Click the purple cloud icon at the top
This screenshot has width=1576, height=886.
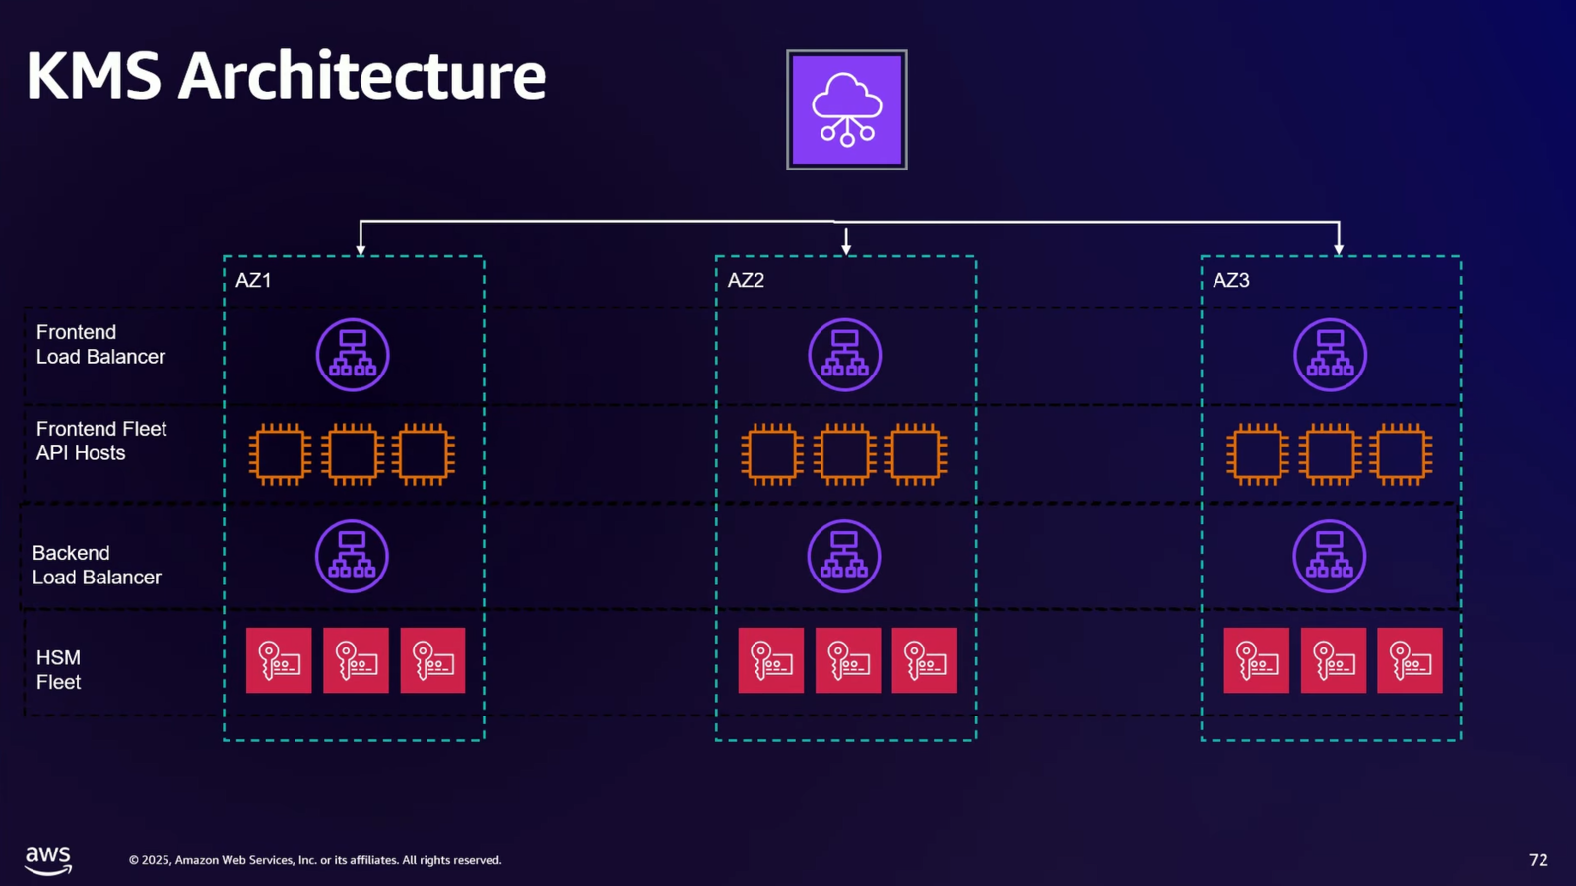point(846,109)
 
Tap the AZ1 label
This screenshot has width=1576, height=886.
point(253,280)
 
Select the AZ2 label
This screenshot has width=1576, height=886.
point(746,280)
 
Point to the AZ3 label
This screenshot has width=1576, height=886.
point(1231,280)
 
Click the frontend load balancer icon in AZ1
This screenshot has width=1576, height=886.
point(353,355)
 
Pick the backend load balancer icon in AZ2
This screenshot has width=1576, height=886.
point(844,557)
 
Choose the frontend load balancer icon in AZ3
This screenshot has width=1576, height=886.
point(1330,355)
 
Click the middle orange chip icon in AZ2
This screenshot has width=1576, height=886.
point(844,454)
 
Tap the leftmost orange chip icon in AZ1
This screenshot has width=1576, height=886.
point(281,454)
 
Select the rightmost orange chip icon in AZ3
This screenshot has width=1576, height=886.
point(1401,454)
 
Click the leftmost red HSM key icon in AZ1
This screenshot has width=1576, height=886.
point(279,660)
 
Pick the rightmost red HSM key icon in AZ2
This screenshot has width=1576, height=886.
point(924,660)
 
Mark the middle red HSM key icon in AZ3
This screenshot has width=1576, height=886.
point(1333,660)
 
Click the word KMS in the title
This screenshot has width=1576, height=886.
point(94,76)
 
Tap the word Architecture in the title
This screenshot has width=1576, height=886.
point(361,76)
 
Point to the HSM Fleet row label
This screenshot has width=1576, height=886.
point(58,669)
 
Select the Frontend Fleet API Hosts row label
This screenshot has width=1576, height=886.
point(100,441)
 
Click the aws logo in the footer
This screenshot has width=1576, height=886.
point(48,859)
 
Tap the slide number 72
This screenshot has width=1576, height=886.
point(1538,860)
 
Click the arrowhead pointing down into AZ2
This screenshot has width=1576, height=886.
point(846,248)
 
